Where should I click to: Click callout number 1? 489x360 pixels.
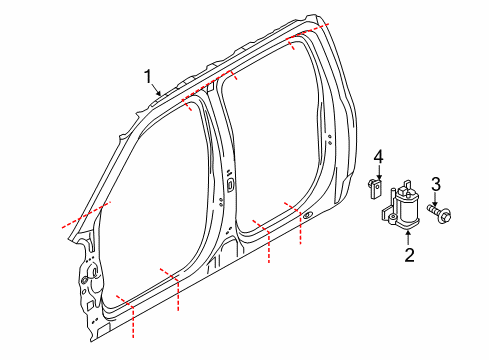(x=148, y=76)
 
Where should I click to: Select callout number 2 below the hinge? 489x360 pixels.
(x=408, y=255)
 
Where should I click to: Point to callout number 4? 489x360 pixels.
(x=379, y=156)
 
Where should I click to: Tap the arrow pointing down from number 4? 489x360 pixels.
(x=379, y=172)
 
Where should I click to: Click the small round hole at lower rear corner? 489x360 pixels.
(x=309, y=215)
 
